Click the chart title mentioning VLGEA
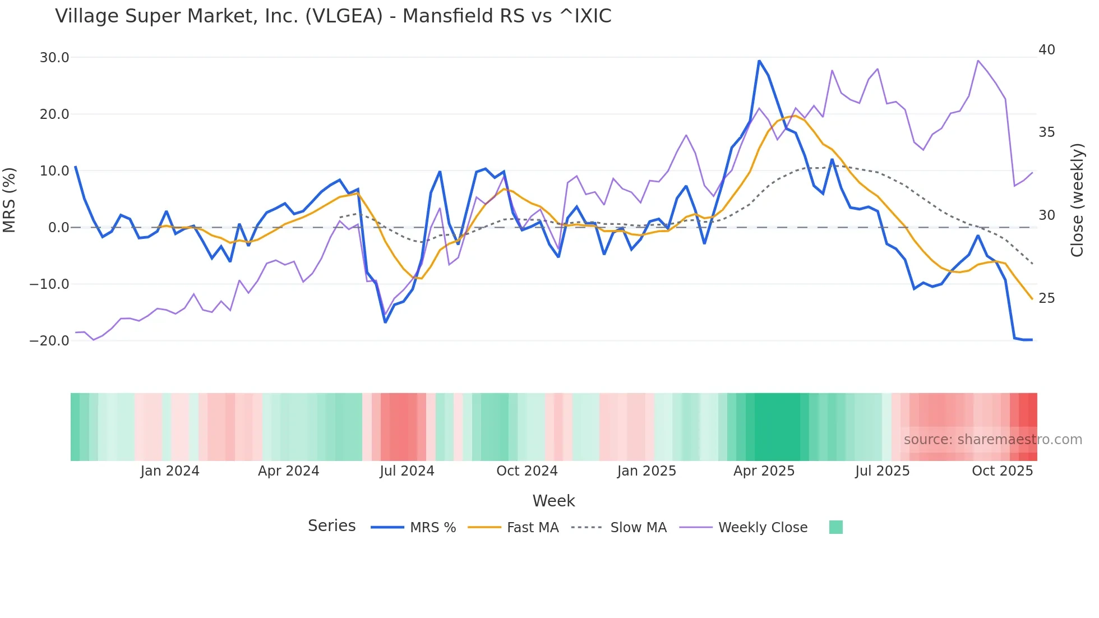tap(333, 16)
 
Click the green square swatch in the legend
tap(835, 527)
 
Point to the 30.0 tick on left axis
tap(54, 58)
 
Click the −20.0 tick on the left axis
tap(49, 341)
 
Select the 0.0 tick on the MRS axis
tap(58, 228)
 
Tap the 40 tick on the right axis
tap(1046, 50)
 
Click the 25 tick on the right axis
tap(1046, 298)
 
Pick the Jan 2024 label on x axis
tap(170, 471)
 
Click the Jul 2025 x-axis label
tap(882, 471)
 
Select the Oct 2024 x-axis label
tap(527, 471)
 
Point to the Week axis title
tap(553, 501)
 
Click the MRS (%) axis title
tap(10, 200)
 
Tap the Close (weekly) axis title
tap(1077, 200)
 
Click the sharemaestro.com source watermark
tap(992, 440)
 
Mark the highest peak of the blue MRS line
tap(759, 61)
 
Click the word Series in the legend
tap(331, 526)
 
